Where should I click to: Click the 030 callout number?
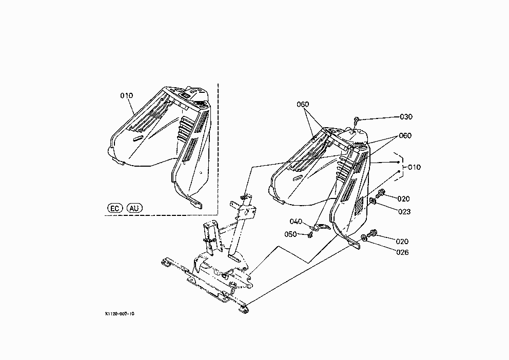406,117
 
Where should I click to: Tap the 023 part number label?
404,212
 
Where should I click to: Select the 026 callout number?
402,252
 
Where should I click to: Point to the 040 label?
296,222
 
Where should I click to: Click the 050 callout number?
290,234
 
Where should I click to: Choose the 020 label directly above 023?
403,199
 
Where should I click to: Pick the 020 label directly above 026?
402,242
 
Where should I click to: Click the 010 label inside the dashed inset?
127,96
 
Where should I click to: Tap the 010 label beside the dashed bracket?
414,167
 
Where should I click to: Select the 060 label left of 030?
303,105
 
